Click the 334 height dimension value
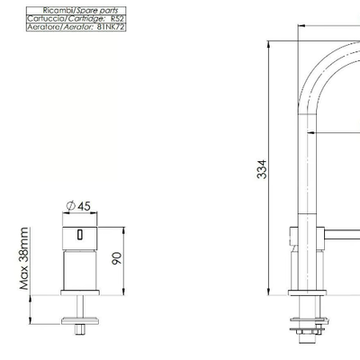(262, 169)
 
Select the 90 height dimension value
(117, 258)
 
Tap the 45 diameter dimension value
(84, 206)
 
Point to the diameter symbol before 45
(71, 206)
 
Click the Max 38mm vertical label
(24, 258)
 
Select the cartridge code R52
(117, 19)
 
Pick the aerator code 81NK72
(111, 27)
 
